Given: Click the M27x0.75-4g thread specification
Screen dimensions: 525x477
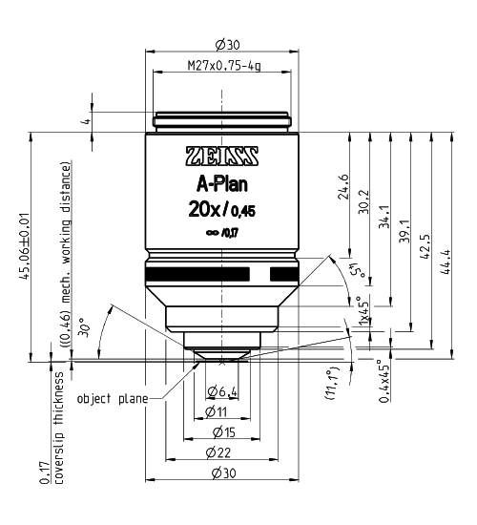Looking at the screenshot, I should click(221, 68).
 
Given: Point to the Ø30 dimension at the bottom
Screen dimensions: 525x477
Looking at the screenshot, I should click(221, 474).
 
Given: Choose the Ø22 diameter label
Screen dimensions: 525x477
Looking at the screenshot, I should click(221, 452).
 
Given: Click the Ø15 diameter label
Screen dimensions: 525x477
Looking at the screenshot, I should click(221, 431).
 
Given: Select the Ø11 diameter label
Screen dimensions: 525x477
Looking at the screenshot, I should click(221, 410).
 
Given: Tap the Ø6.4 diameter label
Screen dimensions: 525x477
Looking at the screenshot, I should click(221, 390).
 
